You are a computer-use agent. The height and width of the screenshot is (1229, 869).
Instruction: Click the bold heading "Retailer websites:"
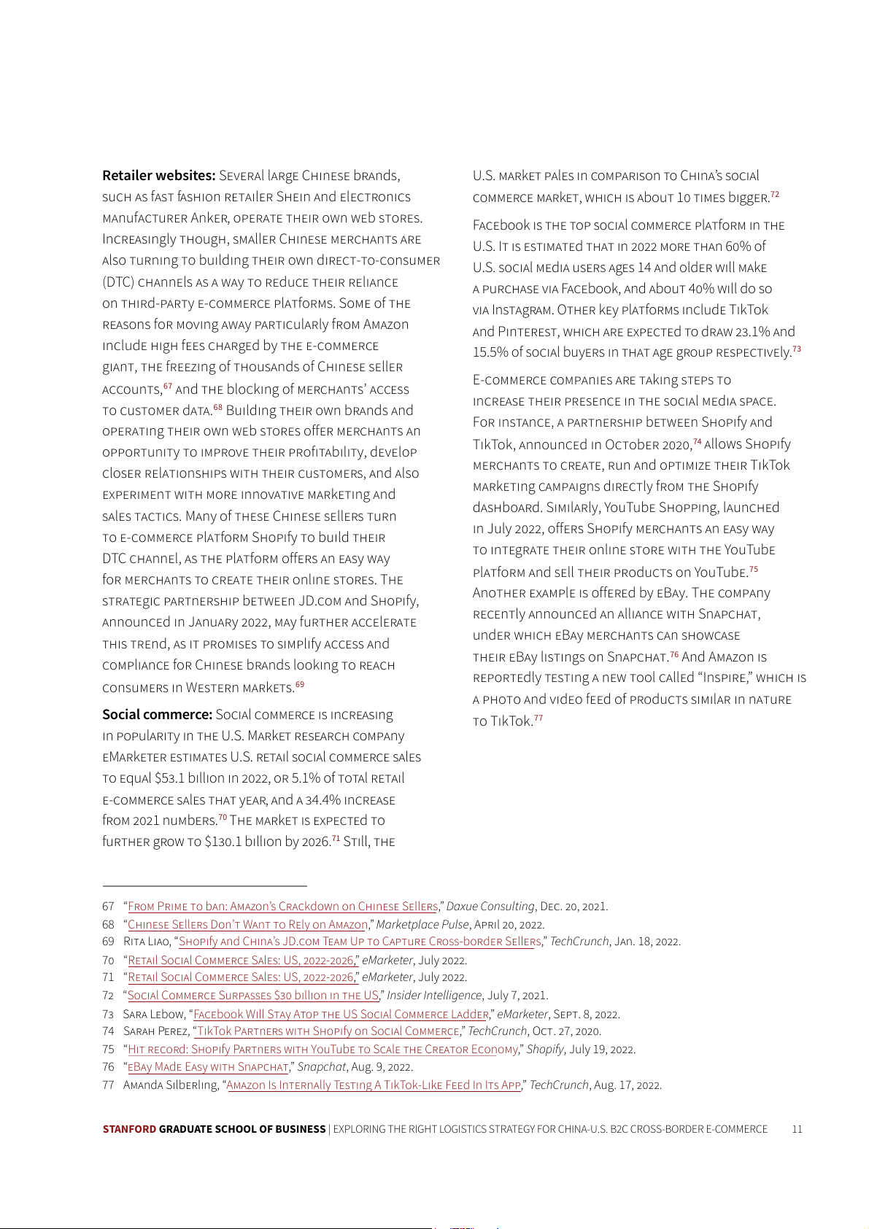[158, 176]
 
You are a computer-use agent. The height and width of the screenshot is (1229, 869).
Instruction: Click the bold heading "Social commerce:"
[157, 715]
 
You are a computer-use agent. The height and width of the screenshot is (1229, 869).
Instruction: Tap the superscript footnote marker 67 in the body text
[168, 386]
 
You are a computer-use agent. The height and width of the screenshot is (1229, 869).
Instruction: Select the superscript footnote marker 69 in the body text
[300, 684]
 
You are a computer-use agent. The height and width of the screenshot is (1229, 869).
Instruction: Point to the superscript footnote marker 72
[775, 194]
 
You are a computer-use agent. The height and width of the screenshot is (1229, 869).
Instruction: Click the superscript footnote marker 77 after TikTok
[538, 718]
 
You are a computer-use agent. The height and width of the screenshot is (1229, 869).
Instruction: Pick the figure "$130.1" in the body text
[223, 842]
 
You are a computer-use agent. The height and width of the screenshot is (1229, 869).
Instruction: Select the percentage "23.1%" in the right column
[752, 332]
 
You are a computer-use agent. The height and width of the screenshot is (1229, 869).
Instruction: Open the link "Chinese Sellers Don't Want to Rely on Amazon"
[247, 925]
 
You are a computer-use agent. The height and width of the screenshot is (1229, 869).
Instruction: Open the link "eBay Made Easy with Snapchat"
[208, 1067]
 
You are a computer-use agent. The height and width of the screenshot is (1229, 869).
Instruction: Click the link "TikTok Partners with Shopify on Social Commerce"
[328, 1031]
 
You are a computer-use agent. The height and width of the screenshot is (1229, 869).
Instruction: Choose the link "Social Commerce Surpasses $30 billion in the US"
[252, 996]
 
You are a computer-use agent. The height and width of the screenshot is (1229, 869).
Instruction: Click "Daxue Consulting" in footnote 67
[490, 907]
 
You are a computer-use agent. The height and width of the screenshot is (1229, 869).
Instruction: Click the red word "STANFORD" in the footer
[129, 1129]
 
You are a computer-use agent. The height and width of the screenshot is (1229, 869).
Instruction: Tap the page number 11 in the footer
[797, 1129]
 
